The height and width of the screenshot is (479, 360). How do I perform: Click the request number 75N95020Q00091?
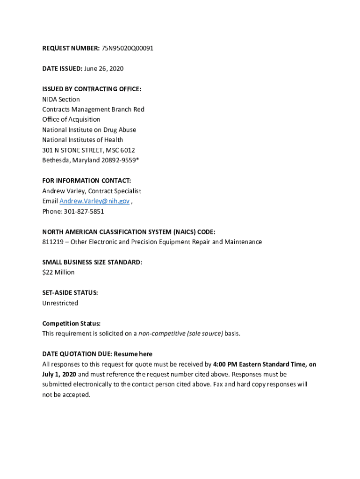tap(127, 48)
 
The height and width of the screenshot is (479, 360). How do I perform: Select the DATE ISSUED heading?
tap(62, 69)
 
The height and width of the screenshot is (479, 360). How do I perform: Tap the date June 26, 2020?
tap(104, 69)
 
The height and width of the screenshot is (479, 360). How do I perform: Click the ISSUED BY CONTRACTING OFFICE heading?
tap(92, 89)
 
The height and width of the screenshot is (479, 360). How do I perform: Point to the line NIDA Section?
tap(61, 99)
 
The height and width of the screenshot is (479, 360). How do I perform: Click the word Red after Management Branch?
tap(139, 109)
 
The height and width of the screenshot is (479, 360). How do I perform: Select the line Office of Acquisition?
tap(71, 119)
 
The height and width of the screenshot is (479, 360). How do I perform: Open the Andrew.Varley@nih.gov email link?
tap(94, 201)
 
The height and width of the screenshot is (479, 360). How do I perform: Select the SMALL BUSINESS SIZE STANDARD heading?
tap(92, 262)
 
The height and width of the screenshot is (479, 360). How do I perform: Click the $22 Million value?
tap(58, 272)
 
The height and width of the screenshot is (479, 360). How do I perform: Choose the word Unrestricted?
tap(60, 303)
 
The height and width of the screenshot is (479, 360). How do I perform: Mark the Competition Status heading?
tap(72, 323)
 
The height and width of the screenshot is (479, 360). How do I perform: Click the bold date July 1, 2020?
tap(59, 374)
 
